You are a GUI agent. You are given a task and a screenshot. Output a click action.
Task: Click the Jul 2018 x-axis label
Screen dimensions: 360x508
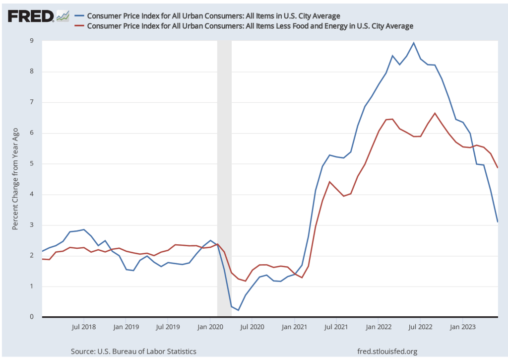[83, 328]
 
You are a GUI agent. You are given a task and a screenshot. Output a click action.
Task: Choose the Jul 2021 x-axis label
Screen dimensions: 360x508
[336, 328]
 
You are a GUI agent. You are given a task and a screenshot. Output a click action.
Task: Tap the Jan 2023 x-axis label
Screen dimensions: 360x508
[463, 328]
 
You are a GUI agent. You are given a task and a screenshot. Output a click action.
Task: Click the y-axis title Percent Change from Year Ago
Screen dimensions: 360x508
[15, 178]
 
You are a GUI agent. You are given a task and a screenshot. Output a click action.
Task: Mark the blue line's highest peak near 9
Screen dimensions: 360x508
[414, 43]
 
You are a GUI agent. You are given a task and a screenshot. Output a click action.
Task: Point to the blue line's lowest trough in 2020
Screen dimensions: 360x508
[239, 310]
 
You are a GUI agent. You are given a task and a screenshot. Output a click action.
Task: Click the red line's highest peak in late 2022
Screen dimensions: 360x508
[435, 113]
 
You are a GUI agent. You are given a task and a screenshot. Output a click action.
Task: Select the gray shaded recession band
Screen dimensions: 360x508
[224, 179]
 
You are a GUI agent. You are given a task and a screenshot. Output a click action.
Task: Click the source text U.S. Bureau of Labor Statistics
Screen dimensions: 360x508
[133, 351]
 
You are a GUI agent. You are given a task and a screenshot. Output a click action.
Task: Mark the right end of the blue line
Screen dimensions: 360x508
[498, 221]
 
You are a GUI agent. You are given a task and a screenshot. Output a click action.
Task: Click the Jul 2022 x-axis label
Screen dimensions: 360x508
[421, 328]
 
